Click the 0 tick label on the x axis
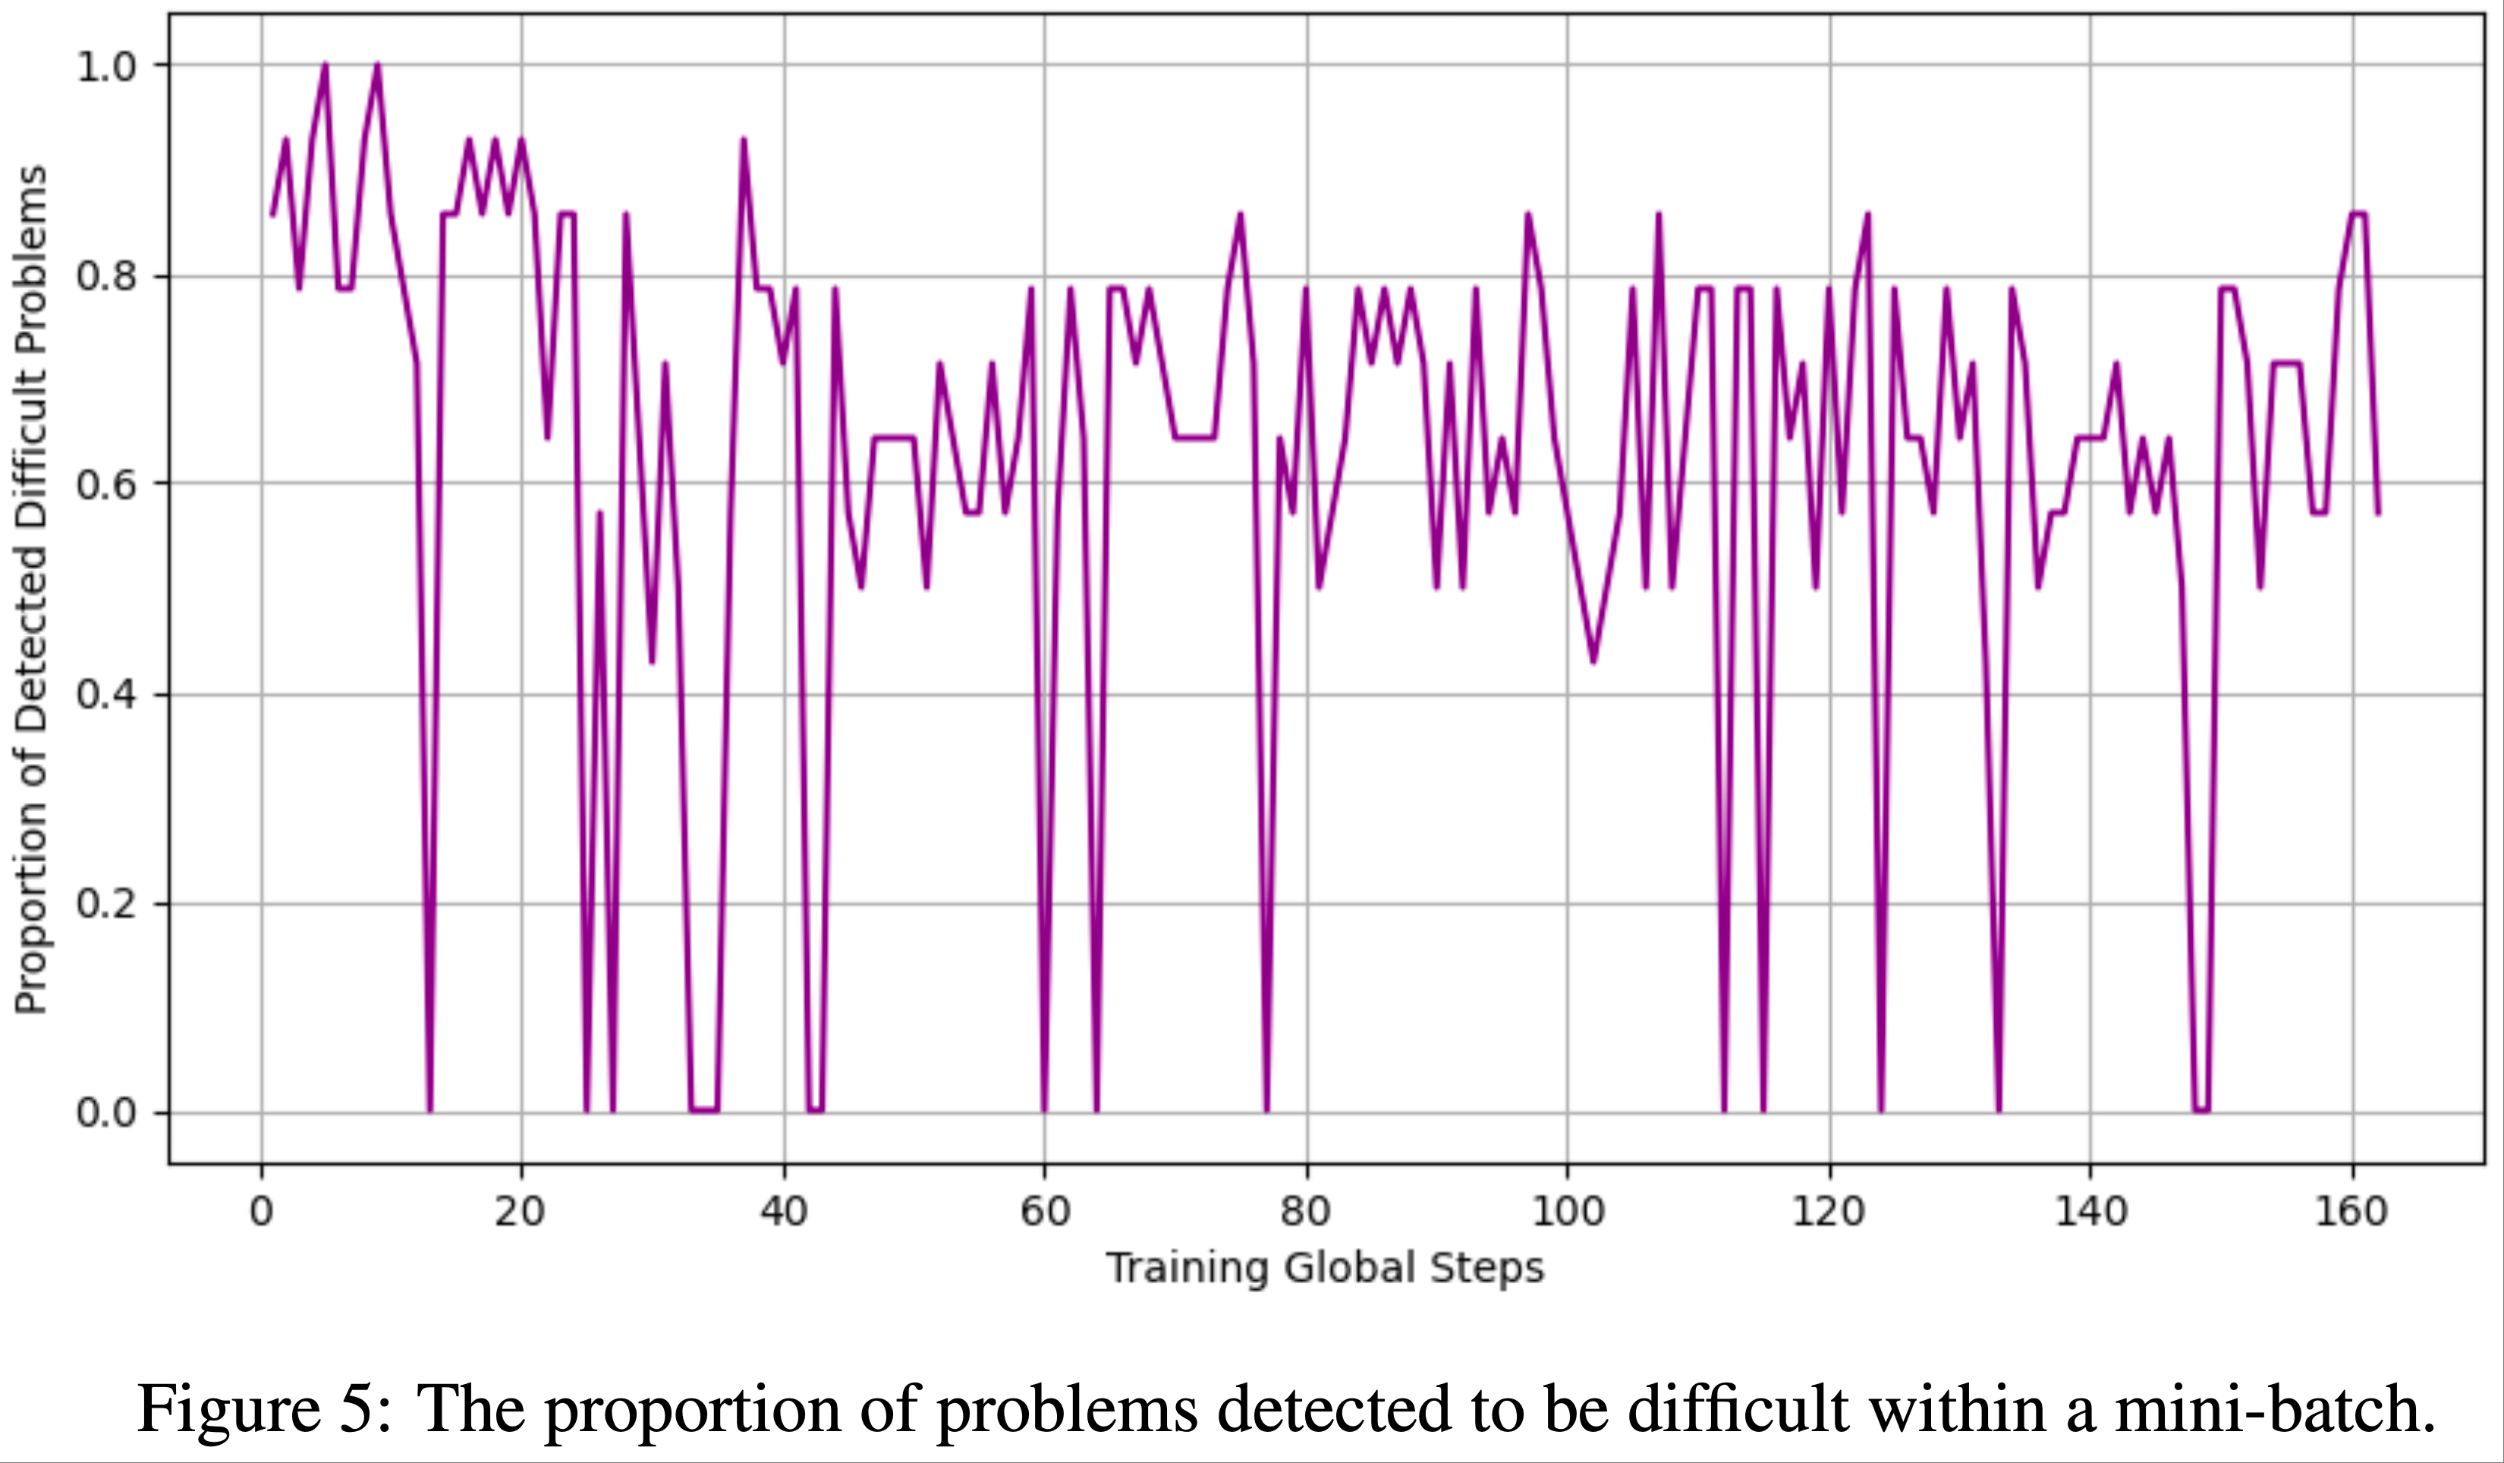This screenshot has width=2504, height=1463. coord(261,1212)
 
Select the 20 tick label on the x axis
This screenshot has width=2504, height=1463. coord(521,1212)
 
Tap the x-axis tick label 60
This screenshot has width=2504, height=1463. coord(1044,1212)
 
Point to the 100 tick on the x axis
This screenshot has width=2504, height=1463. coord(1567,1212)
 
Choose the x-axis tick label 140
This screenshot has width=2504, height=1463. coord(2090,1212)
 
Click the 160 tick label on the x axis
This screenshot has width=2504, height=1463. coord(2352,1212)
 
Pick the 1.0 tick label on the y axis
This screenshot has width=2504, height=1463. coord(106,67)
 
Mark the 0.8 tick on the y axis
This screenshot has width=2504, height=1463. coord(106,276)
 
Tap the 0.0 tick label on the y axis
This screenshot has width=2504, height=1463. coord(106,1112)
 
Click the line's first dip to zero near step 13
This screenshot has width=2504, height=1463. coord(429,1110)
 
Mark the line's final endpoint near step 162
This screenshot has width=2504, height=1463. coord(2378,514)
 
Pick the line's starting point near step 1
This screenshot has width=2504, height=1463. coord(272,215)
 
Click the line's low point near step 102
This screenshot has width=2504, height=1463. coord(1593,662)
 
